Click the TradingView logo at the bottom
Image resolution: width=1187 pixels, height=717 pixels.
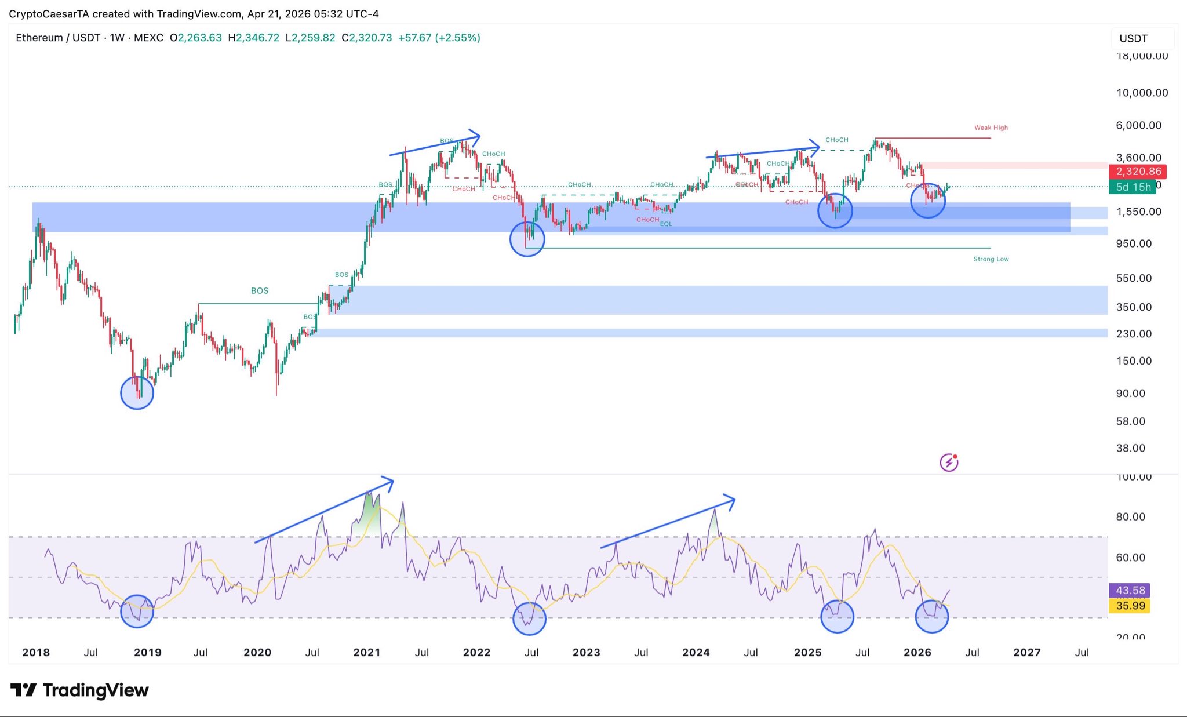(79, 690)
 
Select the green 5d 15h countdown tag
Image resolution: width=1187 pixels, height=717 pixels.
(1133, 187)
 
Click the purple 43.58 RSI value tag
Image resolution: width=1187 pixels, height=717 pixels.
(1130, 590)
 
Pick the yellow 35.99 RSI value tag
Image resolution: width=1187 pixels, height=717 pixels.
(1130, 606)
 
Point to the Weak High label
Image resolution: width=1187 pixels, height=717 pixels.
(991, 128)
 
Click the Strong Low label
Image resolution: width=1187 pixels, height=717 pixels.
(991, 259)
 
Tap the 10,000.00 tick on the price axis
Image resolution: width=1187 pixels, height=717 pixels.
(1142, 93)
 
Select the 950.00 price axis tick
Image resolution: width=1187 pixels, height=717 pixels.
(1134, 243)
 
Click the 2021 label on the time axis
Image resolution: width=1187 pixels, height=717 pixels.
(366, 652)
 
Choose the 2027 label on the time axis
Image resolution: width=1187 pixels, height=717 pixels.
(1026, 652)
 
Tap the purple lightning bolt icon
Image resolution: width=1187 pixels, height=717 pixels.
(949, 462)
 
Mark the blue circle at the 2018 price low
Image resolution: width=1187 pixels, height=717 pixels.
(137, 392)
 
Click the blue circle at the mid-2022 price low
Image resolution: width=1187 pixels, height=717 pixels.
(527, 239)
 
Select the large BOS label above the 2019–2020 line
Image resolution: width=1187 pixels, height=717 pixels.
(260, 290)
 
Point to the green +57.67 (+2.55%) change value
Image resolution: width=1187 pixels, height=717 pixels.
(439, 38)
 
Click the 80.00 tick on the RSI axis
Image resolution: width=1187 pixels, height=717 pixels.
(1130, 516)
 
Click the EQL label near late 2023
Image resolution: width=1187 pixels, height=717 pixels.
(666, 224)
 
